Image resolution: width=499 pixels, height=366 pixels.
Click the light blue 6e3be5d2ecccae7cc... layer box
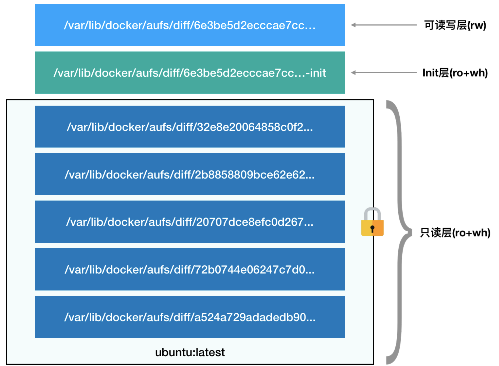(190, 25)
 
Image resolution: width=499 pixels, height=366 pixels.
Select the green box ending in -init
(190, 73)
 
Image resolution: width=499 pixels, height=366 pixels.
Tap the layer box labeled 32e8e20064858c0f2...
(190, 127)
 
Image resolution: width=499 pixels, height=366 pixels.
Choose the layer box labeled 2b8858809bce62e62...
(190, 174)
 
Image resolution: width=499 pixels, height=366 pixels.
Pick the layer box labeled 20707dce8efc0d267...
(190, 222)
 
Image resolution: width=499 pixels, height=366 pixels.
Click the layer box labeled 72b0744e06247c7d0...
(190, 269)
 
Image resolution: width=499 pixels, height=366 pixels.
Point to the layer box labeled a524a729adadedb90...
(190, 317)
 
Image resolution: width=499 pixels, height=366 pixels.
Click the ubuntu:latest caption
(190, 352)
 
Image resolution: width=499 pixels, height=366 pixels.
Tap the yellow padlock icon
(372, 222)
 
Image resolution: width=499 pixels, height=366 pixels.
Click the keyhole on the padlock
(372, 229)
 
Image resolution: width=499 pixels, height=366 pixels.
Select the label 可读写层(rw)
(455, 25)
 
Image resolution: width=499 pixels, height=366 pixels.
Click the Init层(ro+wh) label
(455, 73)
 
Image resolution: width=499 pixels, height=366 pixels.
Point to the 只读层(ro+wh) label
(455, 233)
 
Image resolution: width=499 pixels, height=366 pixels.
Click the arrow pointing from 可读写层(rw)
(384, 25)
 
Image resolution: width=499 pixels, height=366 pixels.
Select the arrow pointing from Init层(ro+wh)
(384, 73)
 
